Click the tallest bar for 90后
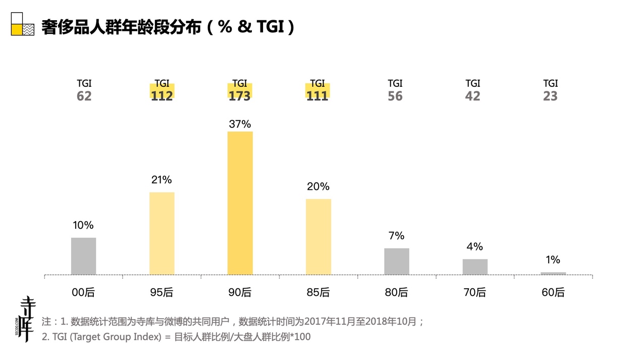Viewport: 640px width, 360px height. click(240, 203)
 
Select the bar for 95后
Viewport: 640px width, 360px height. click(162, 233)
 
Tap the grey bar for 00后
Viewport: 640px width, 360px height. click(83, 256)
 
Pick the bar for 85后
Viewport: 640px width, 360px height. click(318, 237)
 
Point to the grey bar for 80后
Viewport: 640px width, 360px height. click(397, 262)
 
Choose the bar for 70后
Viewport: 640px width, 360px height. click(475, 267)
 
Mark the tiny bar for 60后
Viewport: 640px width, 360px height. click(553, 273)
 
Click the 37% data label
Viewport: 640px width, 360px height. click(240, 124)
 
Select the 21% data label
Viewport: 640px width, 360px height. click(162, 179)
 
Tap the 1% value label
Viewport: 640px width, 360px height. click(553, 260)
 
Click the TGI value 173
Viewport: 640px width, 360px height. click(240, 96)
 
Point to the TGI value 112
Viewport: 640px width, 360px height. click(162, 96)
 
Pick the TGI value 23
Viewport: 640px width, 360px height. click(550, 96)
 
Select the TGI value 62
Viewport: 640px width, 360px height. click(84, 96)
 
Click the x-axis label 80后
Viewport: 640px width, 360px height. click(396, 292)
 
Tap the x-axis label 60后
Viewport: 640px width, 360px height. click(553, 292)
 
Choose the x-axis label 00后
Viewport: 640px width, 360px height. click(83, 292)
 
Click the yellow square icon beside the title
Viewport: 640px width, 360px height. click(17, 30)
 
